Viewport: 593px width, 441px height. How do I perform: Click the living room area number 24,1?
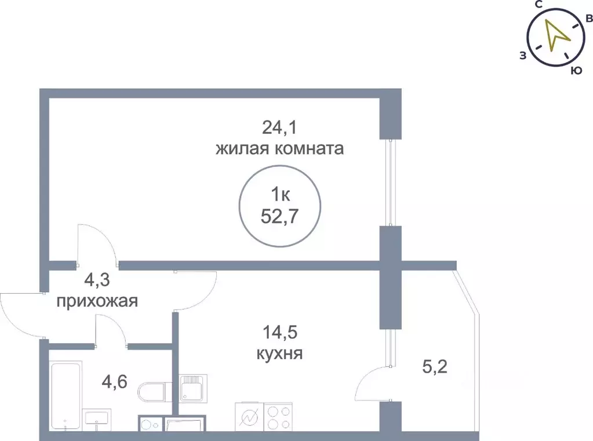pyautogui.click(x=279, y=126)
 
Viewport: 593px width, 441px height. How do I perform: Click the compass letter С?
pyautogui.click(x=539, y=5)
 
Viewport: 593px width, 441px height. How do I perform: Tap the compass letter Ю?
pyautogui.click(x=576, y=71)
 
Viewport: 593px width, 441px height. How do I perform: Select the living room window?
pyautogui.click(x=391, y=183)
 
